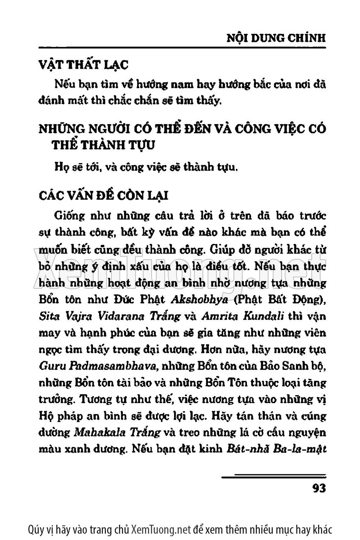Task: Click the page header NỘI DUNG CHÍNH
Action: click(x=277, y=38)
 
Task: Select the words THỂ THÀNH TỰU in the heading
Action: click(x=103, y=145)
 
